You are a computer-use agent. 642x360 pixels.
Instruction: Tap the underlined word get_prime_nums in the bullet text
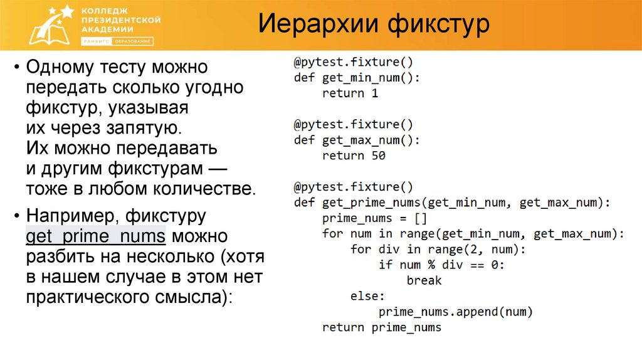(x=95, y=236)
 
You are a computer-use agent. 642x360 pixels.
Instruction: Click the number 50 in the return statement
(x=378, y=156)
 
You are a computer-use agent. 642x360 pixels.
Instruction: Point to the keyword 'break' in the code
(x=424, y=280)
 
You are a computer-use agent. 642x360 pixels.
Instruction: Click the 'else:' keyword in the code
(x=367, y=296)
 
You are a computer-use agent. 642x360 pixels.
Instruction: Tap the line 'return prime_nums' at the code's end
(x=381, y=327)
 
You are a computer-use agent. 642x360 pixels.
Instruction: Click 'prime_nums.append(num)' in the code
(x=455, y=312)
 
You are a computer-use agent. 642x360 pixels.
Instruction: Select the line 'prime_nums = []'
(x=374, y=218)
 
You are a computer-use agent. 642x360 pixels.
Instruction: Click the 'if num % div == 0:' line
(x=441, y=265)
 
